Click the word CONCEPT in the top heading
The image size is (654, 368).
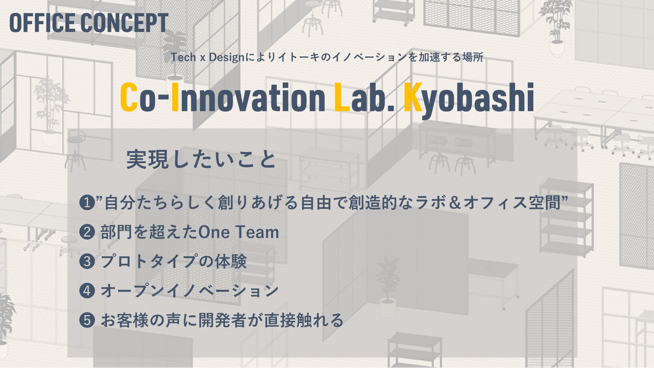[124, 23]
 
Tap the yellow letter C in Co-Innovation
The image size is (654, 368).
[129, 97]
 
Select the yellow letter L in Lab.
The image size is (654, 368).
[342, 97]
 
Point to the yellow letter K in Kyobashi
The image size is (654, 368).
[413, 97]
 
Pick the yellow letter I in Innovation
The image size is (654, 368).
[175, 97]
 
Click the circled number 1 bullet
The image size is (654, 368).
[87, 203]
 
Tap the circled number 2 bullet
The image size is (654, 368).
[87, 232]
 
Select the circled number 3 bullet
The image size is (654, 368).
[87, 261]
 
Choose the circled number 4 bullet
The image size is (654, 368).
[87, 291]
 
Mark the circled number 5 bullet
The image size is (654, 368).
[87, 320]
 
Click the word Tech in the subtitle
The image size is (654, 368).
[183, 57]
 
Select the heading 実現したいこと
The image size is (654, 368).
[201, 159]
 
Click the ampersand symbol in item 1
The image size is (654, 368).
[455, 203]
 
